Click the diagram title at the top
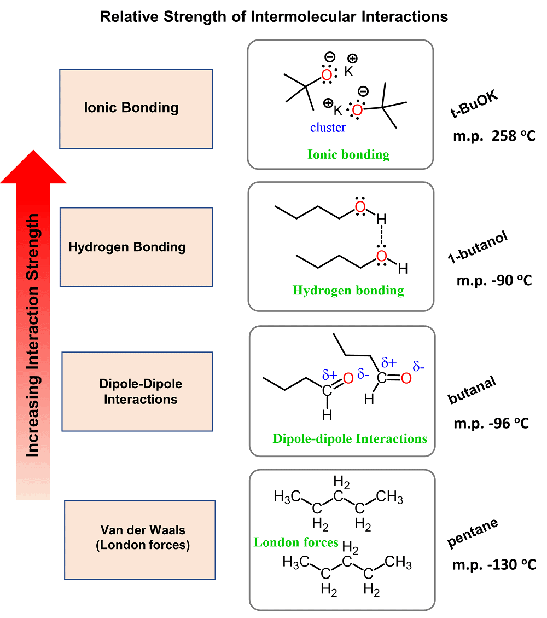click(273, 17)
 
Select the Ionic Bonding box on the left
click(136, 108)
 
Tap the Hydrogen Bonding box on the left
click(136, 247)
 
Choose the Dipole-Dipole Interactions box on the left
click(137, 391)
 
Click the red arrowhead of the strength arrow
click(33, 167)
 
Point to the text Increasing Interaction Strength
click(33, 335)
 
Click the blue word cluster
click(328, 128)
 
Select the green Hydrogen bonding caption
click(348, 290)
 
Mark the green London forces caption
click(296, 542)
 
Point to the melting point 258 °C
click(490, 135)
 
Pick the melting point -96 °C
click(491, 424)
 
